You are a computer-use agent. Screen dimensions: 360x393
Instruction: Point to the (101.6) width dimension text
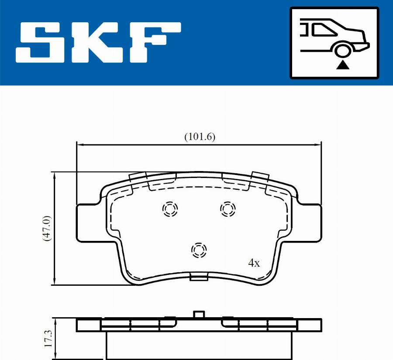click(200, 137)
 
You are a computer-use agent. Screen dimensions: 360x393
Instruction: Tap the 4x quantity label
click(254, 263)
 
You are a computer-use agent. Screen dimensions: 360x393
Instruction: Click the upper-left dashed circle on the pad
click(169, 209)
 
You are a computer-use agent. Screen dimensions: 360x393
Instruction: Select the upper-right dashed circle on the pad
click(228, 209)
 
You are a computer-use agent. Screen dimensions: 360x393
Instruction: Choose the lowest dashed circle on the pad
click(199, 250)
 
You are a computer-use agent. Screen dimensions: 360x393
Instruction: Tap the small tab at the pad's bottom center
click(199, 277)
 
